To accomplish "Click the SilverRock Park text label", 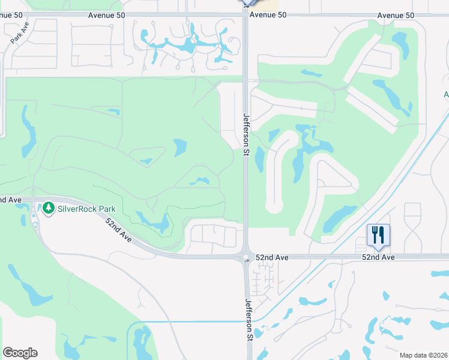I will click(x=86, y=209).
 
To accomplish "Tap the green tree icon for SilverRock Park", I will click(x=48, y=209).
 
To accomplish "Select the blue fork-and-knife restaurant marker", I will click(x=378, y=235).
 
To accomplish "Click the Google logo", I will click(x=20, y=353).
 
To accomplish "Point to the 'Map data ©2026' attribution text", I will click(x=424, y=355).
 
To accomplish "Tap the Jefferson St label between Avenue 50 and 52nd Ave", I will click(x=246, y=134).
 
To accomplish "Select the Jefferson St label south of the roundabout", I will click(x=247, y=321).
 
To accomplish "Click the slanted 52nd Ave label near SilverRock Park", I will click(x=118, y=230).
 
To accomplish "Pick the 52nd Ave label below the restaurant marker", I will click(x=378, y=257).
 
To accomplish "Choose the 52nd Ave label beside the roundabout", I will click(x=272, y=257).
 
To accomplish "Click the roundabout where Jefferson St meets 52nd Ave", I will click(x=246, y=257).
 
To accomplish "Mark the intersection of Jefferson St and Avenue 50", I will click(x=246, y=15).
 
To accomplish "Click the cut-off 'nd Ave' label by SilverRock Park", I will click(x=11, y=199).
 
